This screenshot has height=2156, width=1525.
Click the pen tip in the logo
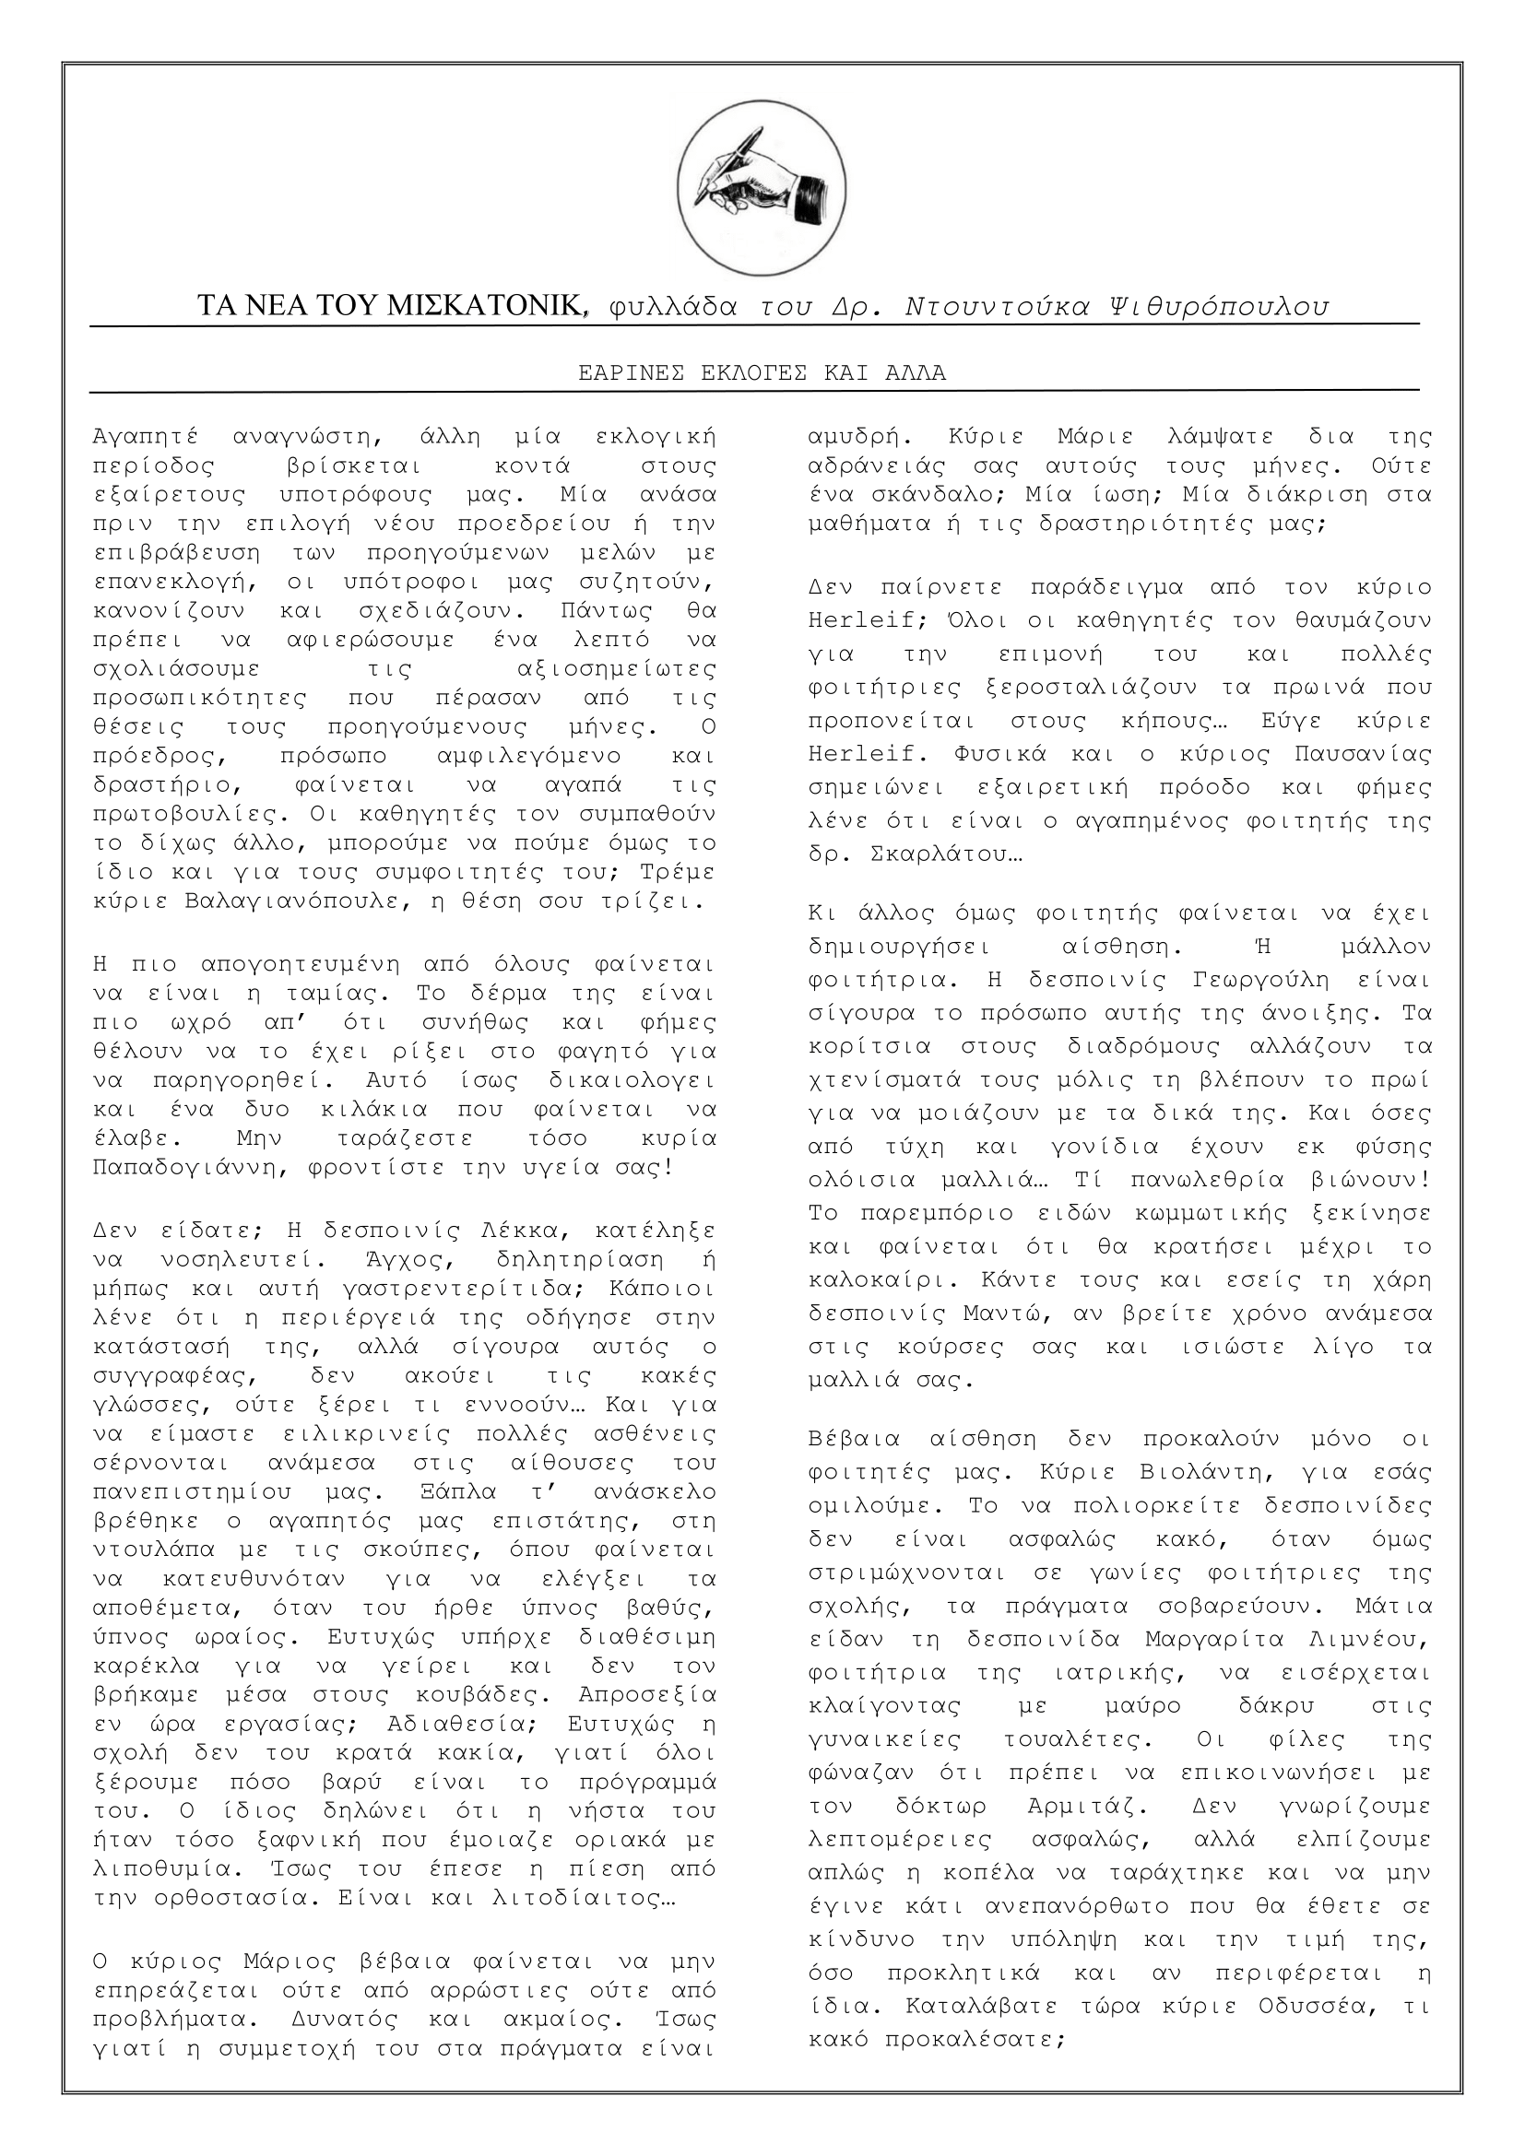(x=697, y=204)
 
